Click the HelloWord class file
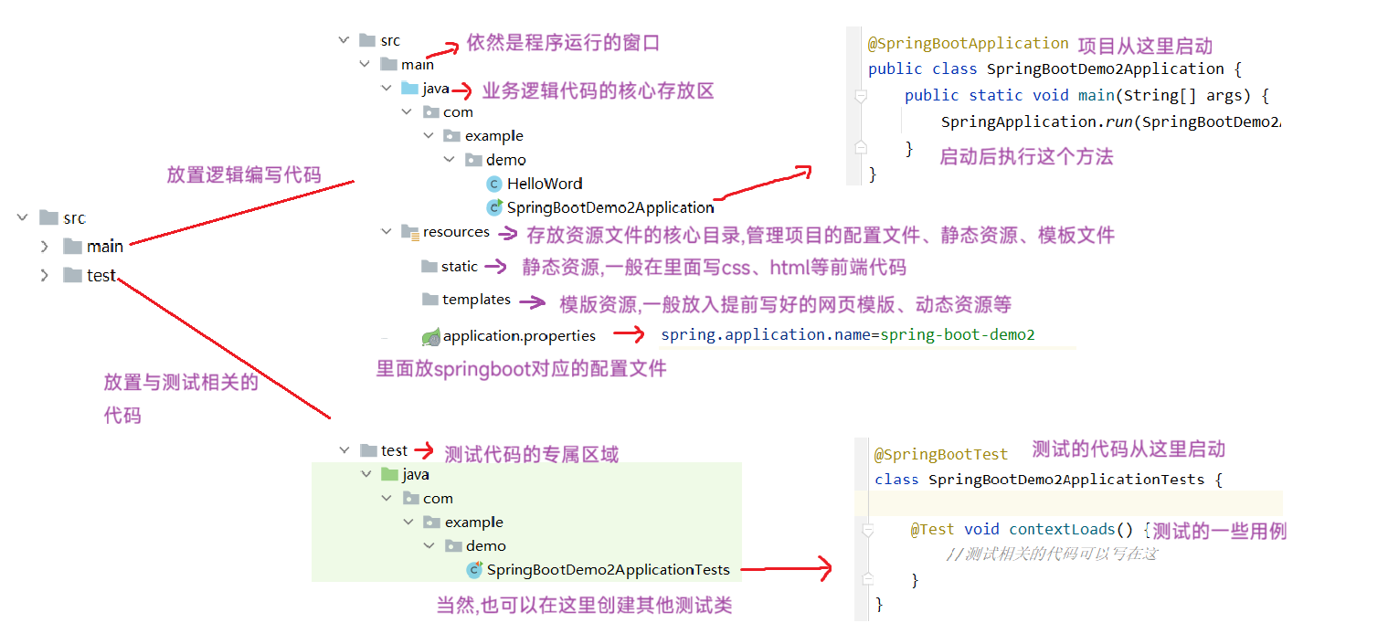click(x=545, y=184)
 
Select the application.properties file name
click(x=519, y=336)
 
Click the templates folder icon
click(x=430, y=300)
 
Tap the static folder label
click(x=459, y=267)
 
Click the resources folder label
click(x=456, y=232)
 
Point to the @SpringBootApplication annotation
click(x=968, y=44)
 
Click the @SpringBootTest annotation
click(x=941, y=454)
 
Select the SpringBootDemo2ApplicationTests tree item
click(x=608, y=570)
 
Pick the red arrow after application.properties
click(x=629, y=335)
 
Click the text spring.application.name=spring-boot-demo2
click(x=847, y=335)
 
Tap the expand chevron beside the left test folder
click(x=44, y=275)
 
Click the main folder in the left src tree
click(x=104, y=247)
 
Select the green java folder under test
click(x=415, y=475)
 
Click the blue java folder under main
click(x=435, y=89)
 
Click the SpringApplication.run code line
click(x=1109, y=122)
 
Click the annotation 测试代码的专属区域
click(x=531, y=454)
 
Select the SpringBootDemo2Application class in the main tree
click(x=609, y=207)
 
